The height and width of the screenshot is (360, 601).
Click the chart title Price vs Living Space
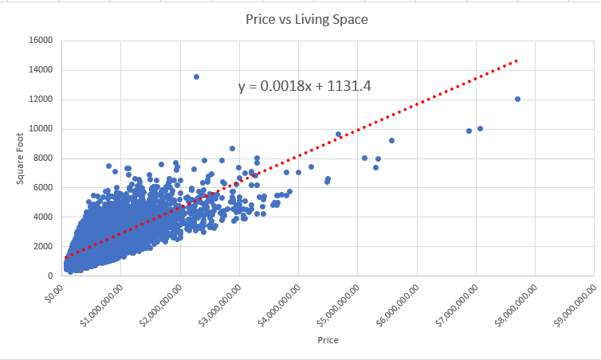pos(307,19)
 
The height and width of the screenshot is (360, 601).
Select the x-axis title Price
pos(328,340)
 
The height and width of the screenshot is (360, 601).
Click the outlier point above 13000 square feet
pos(196,76)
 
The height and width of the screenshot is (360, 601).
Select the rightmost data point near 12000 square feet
pos(517,99)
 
